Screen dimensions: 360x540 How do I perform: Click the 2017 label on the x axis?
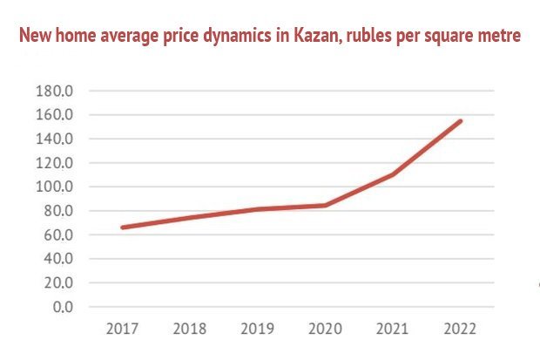pyautogui.click(x=123, y=329)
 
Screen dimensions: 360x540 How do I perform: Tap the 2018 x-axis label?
pyautogui.click(x=191, y=329)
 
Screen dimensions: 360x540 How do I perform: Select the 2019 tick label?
pyautogui.click(x=258, y=329)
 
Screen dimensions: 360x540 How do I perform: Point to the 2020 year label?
pyautogui.click(x=326, y=329)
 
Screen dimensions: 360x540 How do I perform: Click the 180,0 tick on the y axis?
pyautogui.click(x=57, y=91)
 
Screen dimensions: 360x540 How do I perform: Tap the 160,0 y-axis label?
pyautogui.click(x=57, y=115)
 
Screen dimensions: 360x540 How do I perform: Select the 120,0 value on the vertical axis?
pyautogui.click(x=57, y=163)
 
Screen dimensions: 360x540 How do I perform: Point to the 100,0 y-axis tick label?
pyautogui.click(x=57, y=187)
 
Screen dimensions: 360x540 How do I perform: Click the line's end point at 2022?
pyautogui.click(x=461, y=121)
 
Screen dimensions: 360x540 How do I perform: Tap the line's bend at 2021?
pyautogui.click(x=394, y=174)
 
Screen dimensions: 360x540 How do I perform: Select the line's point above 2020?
pyautogui.click(x=326, y=206)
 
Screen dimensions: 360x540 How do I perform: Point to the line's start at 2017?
pyautogui.click(x=123, y=228)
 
